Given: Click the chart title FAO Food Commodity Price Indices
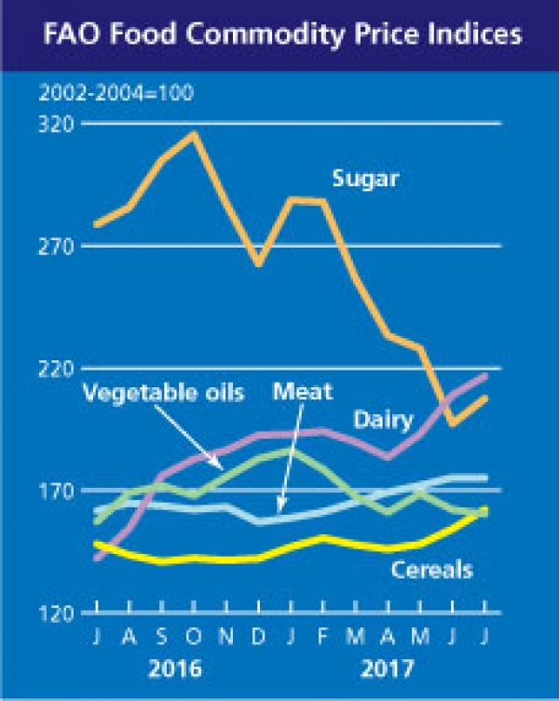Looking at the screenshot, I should point(279,36).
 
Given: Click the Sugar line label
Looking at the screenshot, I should point(365,178).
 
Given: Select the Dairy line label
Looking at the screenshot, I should point(383,421).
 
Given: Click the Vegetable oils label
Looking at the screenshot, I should point(163,392).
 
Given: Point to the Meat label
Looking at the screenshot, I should point(302,392).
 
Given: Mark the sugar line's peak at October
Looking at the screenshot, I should point(194,134).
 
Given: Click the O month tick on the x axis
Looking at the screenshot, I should point(194,638).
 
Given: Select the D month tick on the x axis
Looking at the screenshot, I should point(258,638).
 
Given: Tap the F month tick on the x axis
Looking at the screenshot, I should point(323,638).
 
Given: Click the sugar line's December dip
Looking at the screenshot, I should point(258,264).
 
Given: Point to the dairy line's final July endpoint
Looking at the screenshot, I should point(485,375).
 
